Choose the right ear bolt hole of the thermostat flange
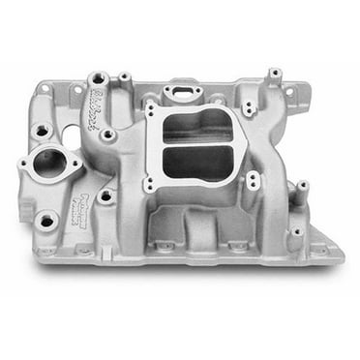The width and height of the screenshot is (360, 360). tap(74, 165)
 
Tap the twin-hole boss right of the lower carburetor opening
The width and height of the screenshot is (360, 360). tap(253, 180)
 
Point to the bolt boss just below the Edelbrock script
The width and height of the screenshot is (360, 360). tap(106, 135)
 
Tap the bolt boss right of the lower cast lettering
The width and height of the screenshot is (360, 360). tap(105, 196)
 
